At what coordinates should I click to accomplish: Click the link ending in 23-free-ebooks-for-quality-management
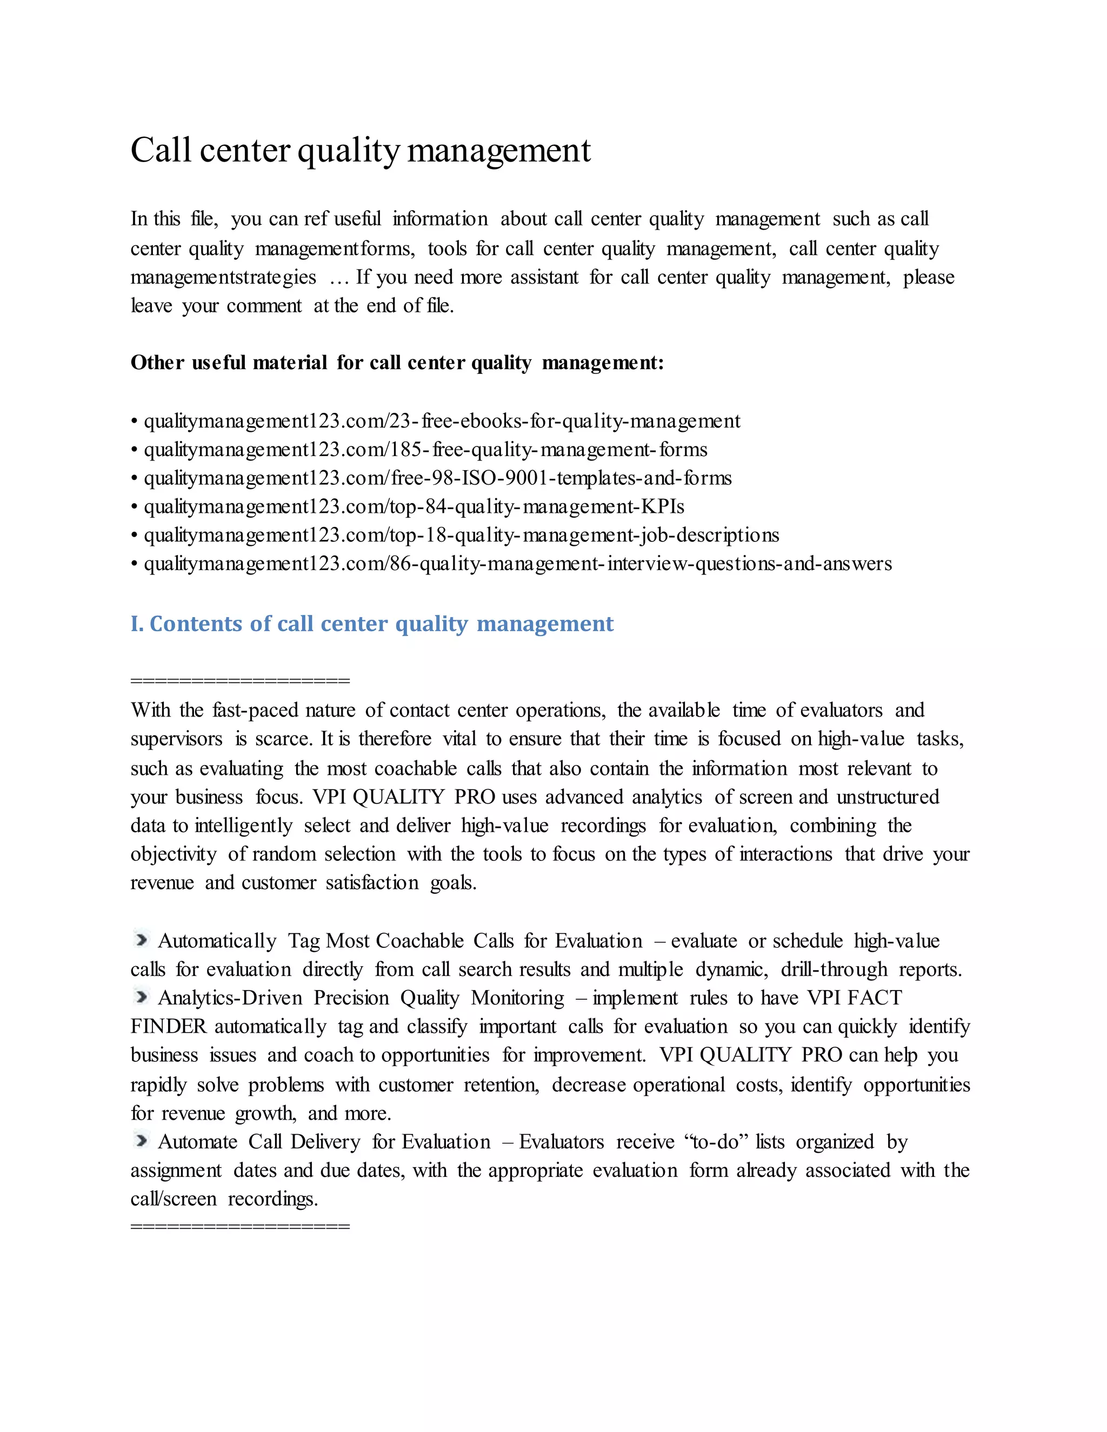[x=442, y=421]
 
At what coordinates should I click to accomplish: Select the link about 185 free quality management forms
[x=425, y=450]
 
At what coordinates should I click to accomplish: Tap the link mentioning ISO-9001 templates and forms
[x=437, y=478]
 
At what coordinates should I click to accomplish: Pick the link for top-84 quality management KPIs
[x=414, y=507]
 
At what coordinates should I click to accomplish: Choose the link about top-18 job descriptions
[x=461, y=535]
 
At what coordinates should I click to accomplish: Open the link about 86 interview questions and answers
[x=517, y=564]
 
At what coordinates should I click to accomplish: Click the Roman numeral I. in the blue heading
[x=136, y=624]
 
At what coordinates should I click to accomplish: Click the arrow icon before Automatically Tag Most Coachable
[x=141, y=940]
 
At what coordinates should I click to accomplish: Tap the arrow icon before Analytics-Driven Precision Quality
[x=141, y=996]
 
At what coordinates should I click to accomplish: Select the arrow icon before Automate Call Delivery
[x=141, y=1140]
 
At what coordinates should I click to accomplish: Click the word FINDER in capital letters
[x=169, y=1026]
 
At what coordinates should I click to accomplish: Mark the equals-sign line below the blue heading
[x=240, y=680]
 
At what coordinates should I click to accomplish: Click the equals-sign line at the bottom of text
[x=240, y=1226]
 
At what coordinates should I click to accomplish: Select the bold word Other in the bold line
[x=157, y=363]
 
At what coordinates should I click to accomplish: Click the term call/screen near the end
[x=173, y=1199]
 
